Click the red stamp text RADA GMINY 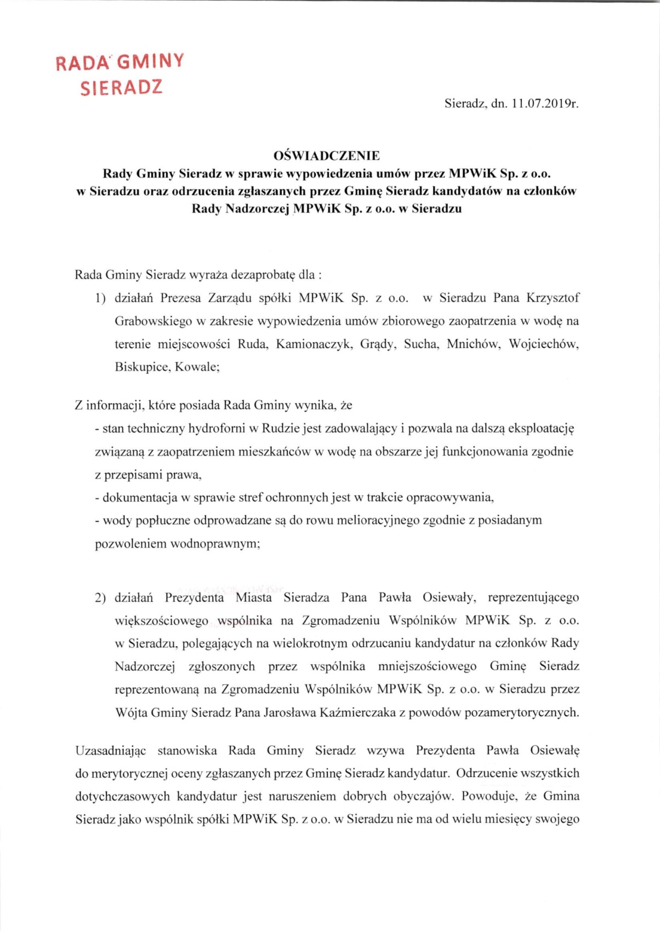click(120, 62)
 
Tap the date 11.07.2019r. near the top click(545, 103)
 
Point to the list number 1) click(100, 298)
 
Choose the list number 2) click(100, 597)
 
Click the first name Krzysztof click(553, 298)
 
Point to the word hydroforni click(217, 429)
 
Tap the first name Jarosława click(289, 712)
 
